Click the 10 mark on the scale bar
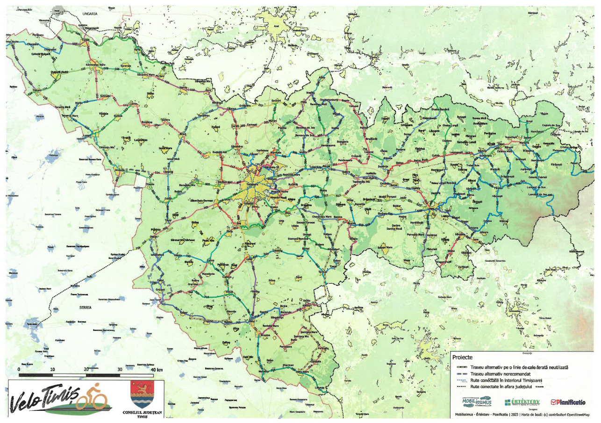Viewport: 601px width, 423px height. (x=52, y=370)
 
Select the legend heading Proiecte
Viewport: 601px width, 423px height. (x=464, y=358)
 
